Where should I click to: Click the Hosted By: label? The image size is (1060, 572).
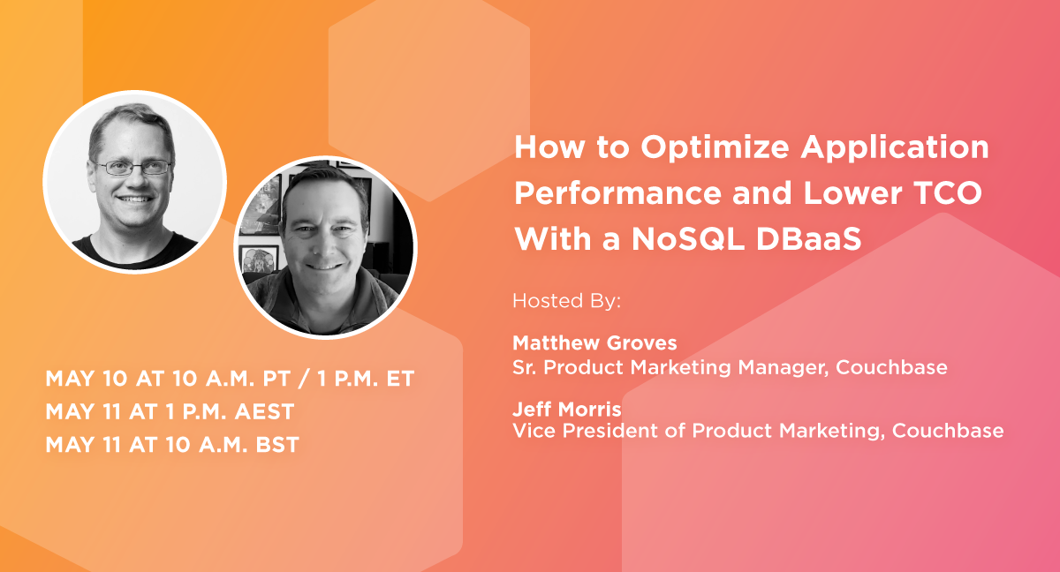(567, 301)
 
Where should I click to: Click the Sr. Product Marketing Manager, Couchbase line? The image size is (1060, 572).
(730, 367)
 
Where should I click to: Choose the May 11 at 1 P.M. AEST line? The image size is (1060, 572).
(170, 412)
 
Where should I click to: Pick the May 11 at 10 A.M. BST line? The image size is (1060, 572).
(172, 445)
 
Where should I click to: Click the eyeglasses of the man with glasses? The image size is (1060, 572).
(133, 167)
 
